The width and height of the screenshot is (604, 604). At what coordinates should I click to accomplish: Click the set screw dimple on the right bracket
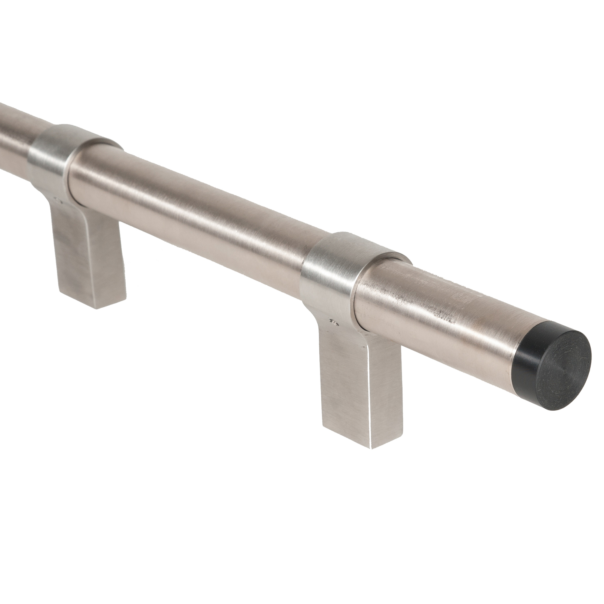tap(333, 322)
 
